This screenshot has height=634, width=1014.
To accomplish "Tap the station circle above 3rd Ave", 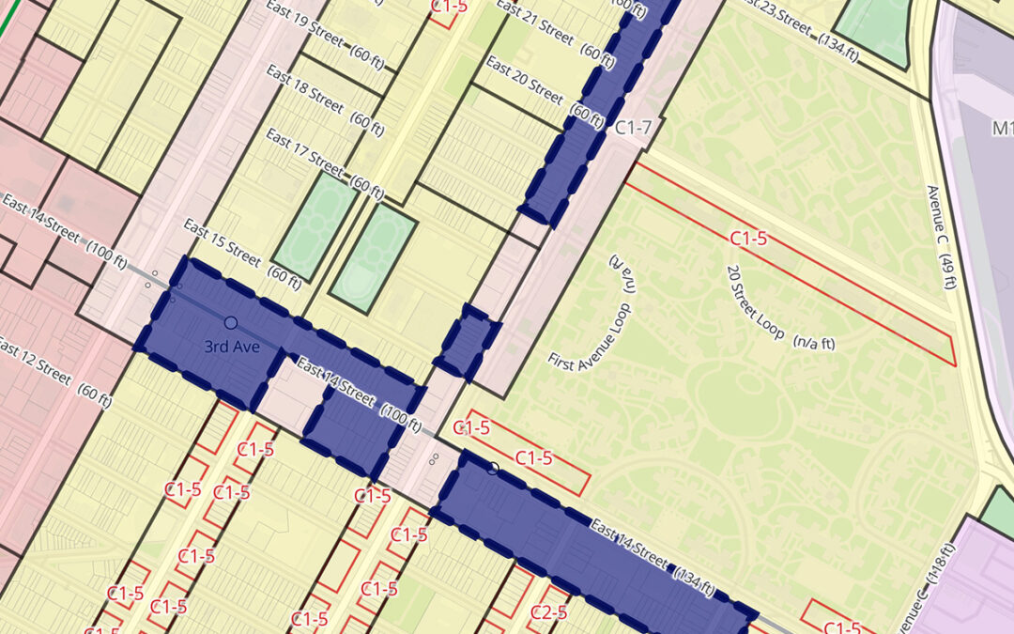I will (230, 323).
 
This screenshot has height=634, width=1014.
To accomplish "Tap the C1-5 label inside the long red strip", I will (748, 239).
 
